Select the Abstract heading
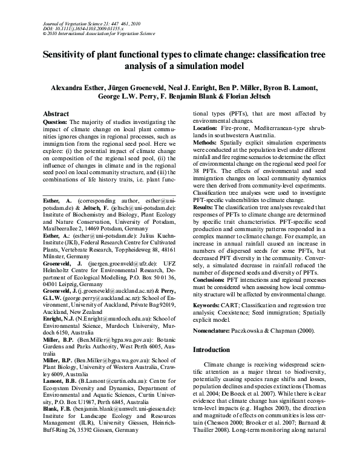61,113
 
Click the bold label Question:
59,122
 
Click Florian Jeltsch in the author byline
269,97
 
